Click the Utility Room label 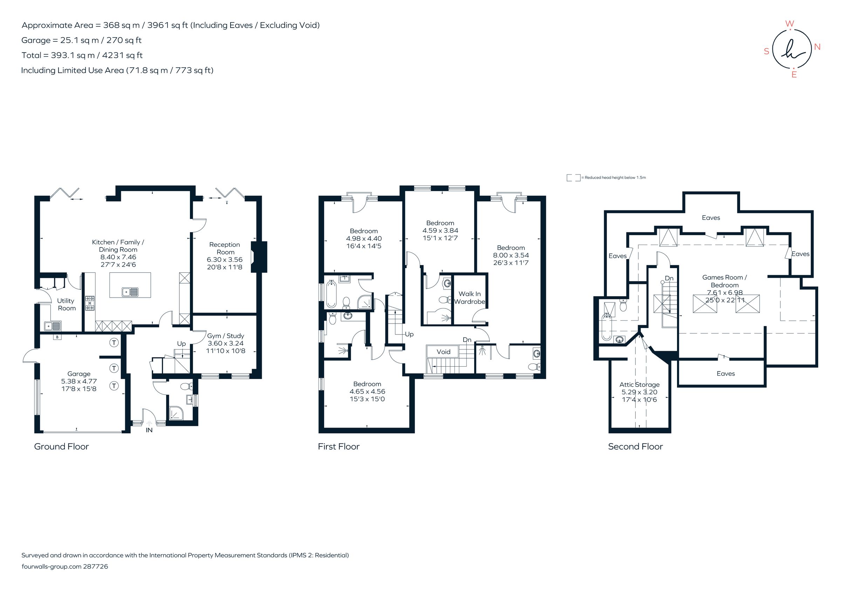pos(66,305)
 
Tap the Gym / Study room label pos(225,336)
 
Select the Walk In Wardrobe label pos(470,298)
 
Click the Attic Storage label pos(639,385)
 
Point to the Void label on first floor pos(443,352)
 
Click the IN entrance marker pos(149,430)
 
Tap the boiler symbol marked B pos(57,337)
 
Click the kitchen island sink pos(130,292)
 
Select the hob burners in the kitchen pos(90,303)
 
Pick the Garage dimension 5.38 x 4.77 pos(79,381)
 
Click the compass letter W pos(790,24)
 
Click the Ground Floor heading pos(61,447)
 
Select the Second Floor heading pos(635,447)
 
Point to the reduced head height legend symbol pos(573,178)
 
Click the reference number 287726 pos(96,566)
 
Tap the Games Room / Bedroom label pos(724,281)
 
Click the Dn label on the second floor pos(669,278)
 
